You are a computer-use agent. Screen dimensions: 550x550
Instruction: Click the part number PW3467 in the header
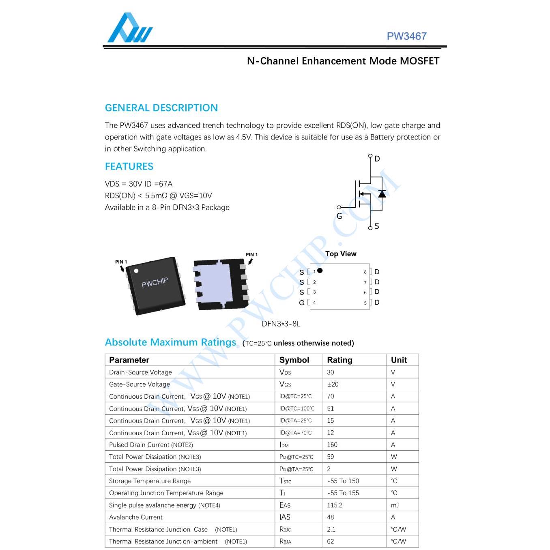click(x=406, y=36)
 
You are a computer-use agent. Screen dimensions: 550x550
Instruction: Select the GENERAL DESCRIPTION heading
click(x=161, y=108)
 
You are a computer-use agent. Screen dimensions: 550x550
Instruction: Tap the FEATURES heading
click(x=129, y=167)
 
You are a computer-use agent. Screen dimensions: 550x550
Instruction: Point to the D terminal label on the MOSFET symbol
click(x=377, y=159)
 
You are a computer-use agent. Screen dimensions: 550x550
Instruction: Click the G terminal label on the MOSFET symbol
click(x=339, y=216)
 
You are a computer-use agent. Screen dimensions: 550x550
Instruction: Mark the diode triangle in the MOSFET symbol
click(x=382, y=194)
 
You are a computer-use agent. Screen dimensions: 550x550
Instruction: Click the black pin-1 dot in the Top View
click(x=320, y=271)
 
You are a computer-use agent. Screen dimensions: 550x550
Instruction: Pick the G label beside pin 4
click(x=302, y=303)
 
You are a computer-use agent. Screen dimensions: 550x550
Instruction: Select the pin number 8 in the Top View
click(x=365, y=272)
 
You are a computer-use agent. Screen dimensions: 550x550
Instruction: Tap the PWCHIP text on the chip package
click(x=155, y=283)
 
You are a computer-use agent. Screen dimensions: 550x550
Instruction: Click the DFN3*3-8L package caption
click(x=281, y=324)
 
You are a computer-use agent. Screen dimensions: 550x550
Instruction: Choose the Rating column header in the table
click(x=339, y=360)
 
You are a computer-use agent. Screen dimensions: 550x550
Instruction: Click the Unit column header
click(x=399, y=360)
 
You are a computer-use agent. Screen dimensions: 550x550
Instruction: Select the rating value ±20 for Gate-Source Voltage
click(x=333, y=384)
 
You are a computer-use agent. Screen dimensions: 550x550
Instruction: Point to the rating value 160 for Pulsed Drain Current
click(x=332, y=445)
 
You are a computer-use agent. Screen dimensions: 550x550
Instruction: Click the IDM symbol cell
click(x=284, y=445)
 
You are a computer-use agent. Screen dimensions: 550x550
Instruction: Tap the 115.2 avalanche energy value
click(x=335, y=505)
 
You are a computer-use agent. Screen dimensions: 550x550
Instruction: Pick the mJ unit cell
click(x=395, y=505)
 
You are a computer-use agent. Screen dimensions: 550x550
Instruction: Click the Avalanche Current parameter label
click(x=136, y=518)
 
